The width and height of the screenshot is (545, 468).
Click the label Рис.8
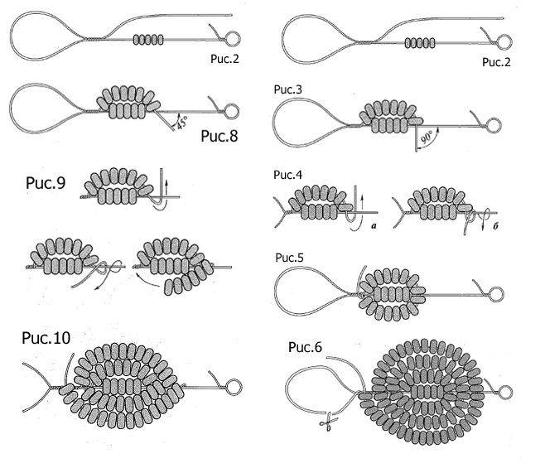click(x=219, y=136)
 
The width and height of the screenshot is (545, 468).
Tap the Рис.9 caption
click(x=46, y=183)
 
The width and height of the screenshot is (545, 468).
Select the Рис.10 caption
click(x=46, y=338)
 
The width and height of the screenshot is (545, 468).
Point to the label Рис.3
click(x=288, y=89)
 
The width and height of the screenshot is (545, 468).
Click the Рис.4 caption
click(x=287, y=175)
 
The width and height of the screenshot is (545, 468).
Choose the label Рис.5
click(x=289, y=258)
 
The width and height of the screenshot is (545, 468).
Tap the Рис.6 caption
click(x=305, y=347)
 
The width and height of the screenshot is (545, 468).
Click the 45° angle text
click(x=182, y=122)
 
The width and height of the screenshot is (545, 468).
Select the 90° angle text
click(x=426, y=137)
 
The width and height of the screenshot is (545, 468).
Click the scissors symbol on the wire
click(x=329, y=422)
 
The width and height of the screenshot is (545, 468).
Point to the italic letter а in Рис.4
click(x=374, y=225)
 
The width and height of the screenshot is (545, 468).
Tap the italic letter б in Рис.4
click(x=495, y=225)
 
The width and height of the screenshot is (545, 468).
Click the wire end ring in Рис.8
click(x=231, y=112)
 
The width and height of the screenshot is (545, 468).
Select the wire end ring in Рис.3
click(x=494, y=126)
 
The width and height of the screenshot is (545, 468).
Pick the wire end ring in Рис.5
click(x=496, y=294)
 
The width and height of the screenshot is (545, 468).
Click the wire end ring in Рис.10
click(x=234, y=387)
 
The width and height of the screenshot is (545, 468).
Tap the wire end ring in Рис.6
click(x=504, y=392)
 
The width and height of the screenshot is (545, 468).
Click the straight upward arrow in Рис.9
click(x=166, y=187)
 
